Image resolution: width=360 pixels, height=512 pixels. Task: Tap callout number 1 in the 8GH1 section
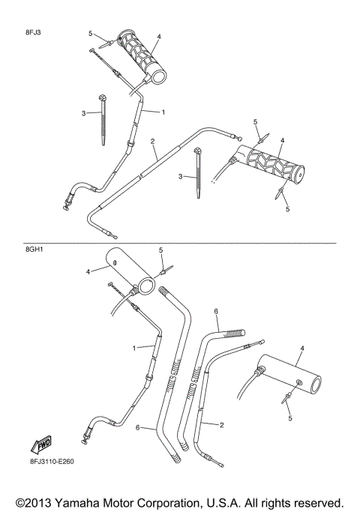134,348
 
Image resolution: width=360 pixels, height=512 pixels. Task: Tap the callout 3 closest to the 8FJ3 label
84,112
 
